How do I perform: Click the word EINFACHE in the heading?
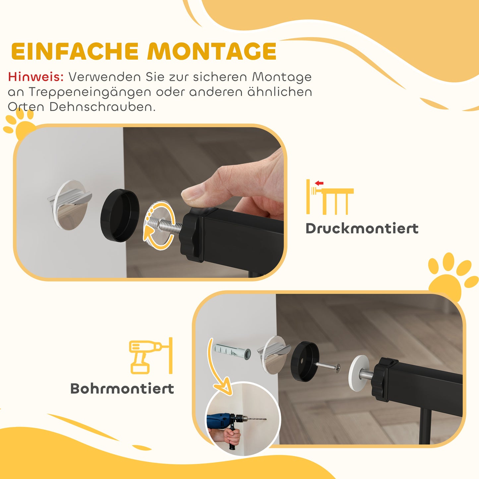[x=75, y=51]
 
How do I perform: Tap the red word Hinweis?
[x=36, y=77]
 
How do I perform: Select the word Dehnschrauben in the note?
[x=102, y=107]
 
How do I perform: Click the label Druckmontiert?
[x=362, y=229]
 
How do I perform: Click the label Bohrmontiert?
[x=122, y=389]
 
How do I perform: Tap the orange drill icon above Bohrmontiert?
[x=146, y=356]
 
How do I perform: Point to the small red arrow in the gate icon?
[x=319, y=183]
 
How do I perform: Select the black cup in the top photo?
[x=120, y=215]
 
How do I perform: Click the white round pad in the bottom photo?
[x=360, y=373]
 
